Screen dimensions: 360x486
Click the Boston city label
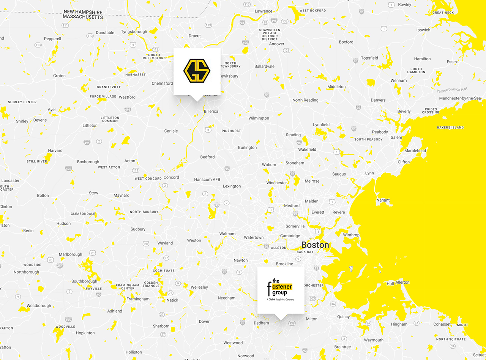[x=315, y=245]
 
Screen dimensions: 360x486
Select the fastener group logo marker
[x=281, y=290]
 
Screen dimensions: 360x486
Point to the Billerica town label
[x=211, y=111]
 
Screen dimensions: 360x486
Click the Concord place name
[x=171, y=177]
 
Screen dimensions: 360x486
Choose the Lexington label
[x=232, y=186]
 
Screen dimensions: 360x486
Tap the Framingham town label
[x=138, y=299]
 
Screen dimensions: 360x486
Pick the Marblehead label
[x=415, y=151]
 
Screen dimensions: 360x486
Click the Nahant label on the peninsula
[x=383, y=200]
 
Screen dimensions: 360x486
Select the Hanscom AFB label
[x=207, y=179]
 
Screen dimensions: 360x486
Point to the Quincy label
[x=344, y=317]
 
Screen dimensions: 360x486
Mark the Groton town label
[x=59, y=76]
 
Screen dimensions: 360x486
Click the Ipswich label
[x=423, y=30]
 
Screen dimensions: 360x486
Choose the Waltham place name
[x=227, y=234]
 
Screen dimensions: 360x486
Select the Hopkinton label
[x=85, y=333]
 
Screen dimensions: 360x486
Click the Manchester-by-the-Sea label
[x=460, y=98]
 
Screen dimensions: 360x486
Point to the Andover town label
[x=277, y=44]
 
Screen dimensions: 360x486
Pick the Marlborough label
[x=70, y=254]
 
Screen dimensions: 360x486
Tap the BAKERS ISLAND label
[x=450, y=128]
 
